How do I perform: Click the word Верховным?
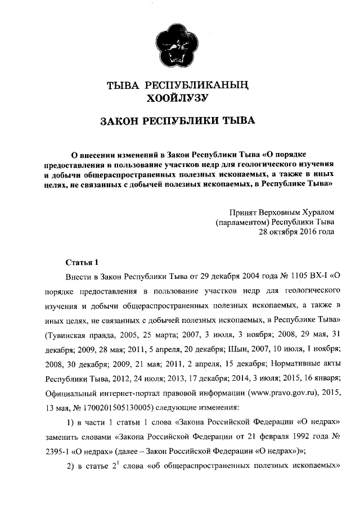[278, 212]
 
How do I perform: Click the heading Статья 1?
[82, 262]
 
